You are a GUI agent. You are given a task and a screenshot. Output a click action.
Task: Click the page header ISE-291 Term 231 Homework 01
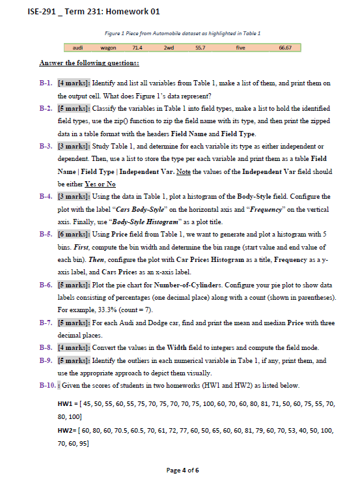pos(85,12)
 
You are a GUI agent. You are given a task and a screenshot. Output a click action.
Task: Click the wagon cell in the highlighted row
pos(107,48)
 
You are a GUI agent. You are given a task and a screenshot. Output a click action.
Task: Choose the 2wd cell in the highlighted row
pos(171,48)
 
